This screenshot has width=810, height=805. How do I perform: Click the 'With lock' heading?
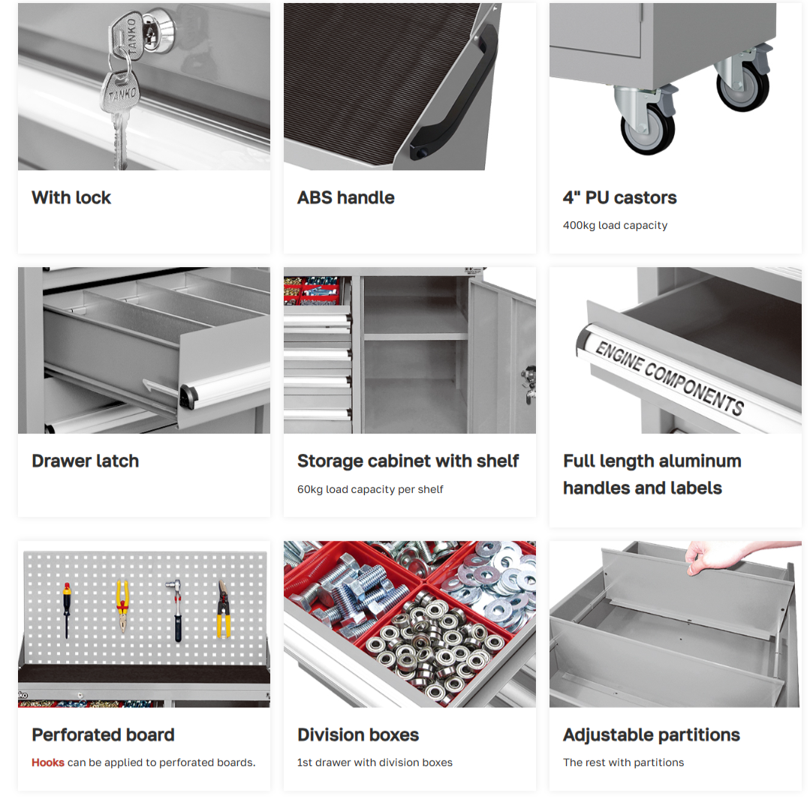71,198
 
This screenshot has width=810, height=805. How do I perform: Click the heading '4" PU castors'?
619,198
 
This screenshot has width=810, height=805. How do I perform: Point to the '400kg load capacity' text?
615,225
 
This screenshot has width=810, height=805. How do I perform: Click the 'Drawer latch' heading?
86,461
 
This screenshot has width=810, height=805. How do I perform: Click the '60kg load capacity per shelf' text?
370,489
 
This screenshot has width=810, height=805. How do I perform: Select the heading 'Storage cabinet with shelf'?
408,461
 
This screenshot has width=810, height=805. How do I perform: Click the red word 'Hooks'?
48,763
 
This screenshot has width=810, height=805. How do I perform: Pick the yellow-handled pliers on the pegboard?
122,607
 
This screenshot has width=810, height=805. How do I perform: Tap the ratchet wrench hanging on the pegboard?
176,611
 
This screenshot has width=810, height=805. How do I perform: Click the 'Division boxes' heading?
358,734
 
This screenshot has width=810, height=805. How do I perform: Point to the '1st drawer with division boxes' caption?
375,763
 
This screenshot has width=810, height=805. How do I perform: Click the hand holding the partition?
733,556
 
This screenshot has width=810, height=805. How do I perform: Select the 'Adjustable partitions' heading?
652,734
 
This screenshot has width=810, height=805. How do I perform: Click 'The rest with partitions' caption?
623,763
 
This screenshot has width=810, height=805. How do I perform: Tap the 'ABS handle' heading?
345,198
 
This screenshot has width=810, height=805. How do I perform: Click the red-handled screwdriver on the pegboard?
67,611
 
